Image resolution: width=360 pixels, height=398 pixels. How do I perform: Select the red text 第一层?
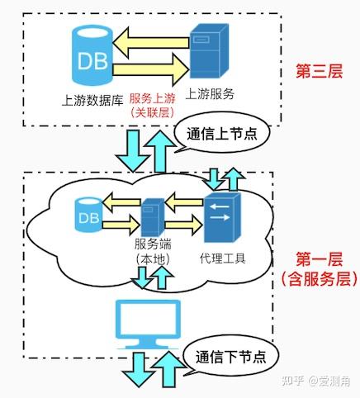pos(319,259)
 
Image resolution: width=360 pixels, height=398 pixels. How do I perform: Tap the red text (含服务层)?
pos(319,278)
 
